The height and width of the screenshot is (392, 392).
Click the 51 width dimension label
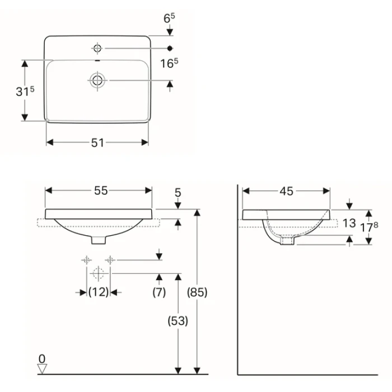tap(97, 143)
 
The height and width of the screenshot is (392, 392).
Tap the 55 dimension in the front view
tap(101, 191)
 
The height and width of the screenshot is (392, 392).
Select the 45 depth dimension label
tap(286, 192)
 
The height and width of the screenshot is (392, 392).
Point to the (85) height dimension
tap(197, 292)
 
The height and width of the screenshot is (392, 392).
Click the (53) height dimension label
tap(178, 321)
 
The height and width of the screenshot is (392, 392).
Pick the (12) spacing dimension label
tap(99, 292)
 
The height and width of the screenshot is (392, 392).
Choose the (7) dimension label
tap(159, 292)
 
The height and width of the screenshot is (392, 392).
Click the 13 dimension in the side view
tap(349, 223)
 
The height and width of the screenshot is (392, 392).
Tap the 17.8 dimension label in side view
tap(369, 226)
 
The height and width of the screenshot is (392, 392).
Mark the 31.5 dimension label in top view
tap(25, 91)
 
